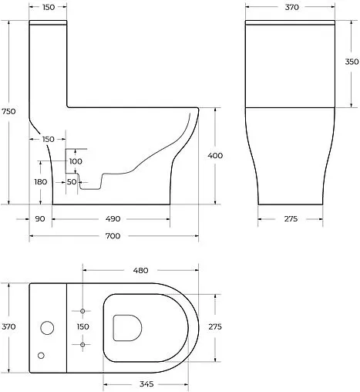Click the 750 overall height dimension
pyautogui.click(x=9, y=111)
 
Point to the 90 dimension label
pyautogui.click(x=40, y=219)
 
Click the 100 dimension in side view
pyautogui.click(x=76, y=161)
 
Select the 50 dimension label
pyautogui.click(x=72, y=181)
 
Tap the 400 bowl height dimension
pyautogui.click(x=216, y=156)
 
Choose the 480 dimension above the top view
pyautogui.click(x=140, y=271)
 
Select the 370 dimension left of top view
pyautogui.click(x=9, y=327)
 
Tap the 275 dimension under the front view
pyautogui.click(x=290, y=219)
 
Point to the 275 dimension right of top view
pyautogui.click(x=215, y=327)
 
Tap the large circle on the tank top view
pyautogui.click(x=47, y=328)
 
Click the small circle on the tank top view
pyautogui.click(x=42, y=356)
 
